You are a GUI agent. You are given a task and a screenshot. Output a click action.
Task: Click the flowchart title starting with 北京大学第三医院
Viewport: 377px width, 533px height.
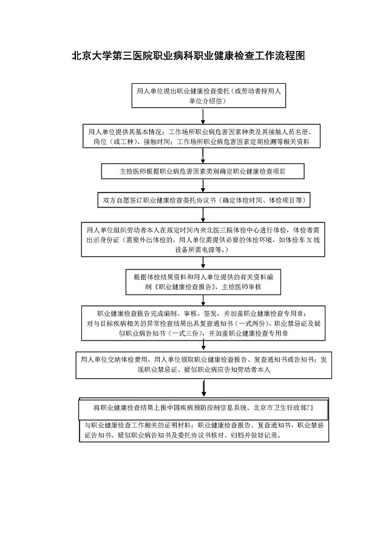click(x=188, y=56)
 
